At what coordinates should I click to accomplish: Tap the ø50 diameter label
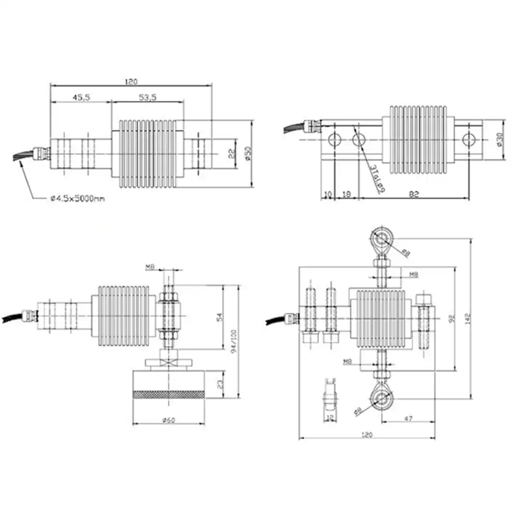pos(247,153)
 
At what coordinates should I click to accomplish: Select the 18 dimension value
pos(347,194)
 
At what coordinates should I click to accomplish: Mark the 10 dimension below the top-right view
pos(327,194)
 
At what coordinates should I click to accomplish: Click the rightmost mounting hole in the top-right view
pos(468,139)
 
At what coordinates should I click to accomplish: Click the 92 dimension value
pos(451,320)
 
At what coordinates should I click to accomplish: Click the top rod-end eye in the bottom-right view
pos(383,240)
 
